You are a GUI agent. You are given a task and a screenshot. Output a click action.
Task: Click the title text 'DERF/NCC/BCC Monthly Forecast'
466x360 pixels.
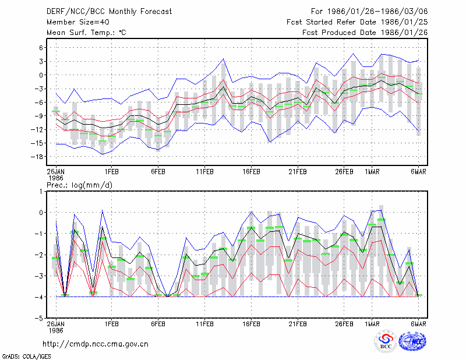click(x=109, y=12)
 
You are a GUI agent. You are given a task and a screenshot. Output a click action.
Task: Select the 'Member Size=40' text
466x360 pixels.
click(x=78, y=22)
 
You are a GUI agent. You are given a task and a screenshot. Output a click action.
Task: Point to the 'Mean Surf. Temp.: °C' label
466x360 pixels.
click(x=86, y=33)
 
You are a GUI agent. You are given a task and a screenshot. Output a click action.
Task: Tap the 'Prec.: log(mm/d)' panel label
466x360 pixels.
click(x=79, y=185)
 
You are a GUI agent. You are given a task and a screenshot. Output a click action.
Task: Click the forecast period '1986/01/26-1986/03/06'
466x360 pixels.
click(x=377, y=12)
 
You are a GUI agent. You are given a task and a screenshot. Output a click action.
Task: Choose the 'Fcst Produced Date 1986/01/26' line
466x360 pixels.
click(x=365, y=33)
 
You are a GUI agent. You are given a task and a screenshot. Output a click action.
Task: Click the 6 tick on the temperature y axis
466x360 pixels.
click(x=41, y=48)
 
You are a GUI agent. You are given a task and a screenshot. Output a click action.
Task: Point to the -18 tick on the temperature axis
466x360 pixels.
click(x=37, y=157)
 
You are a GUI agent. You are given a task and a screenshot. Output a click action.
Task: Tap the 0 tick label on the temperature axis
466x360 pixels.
click(x=41, y=75)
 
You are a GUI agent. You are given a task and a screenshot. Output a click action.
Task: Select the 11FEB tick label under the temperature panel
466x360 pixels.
click(x=205, y=172)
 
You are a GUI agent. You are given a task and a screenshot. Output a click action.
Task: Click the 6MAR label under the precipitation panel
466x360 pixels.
click(x=418, y=324)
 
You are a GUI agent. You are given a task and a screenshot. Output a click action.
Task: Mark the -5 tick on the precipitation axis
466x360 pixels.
click(x=39, y=318)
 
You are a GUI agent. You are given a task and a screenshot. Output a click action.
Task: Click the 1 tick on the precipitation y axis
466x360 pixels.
click(x=41, y=192)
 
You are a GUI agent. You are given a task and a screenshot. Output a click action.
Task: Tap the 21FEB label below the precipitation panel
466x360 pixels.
click(x=298, y=324)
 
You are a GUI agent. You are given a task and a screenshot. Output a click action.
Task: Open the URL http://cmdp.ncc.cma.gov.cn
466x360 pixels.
click(x=96, y=344)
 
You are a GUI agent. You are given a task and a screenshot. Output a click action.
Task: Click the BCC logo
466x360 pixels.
click(x=386, y=341)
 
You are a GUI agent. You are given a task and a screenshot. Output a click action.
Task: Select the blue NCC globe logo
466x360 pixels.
click(x=412, y=341)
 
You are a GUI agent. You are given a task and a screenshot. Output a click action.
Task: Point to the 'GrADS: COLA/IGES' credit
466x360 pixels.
click(x=27, y=357)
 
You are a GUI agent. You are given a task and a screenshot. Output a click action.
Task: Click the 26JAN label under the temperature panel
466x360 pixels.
click(x=55, y=172)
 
